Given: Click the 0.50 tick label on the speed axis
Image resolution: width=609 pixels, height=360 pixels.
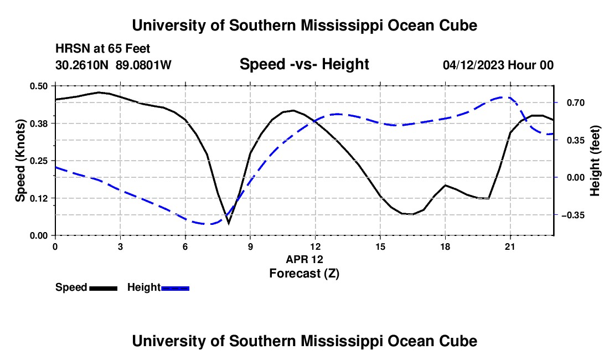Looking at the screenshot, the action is click(38, 86).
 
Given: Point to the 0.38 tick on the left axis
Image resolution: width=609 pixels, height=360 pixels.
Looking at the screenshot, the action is click(38, 124).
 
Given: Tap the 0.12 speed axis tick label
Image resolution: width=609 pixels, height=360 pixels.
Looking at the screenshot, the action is click(38, 198).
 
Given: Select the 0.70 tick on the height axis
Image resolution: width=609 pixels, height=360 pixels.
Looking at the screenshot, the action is click(576, 103).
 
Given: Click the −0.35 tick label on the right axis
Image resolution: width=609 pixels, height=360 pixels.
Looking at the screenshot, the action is click(573, 215).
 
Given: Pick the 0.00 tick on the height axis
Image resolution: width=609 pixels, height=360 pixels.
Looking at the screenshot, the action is click(576, 178).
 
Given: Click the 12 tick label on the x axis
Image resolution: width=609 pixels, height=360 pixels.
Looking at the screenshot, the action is click(316, 246).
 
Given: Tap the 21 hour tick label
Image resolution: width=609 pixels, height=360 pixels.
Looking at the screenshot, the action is click(510, 246).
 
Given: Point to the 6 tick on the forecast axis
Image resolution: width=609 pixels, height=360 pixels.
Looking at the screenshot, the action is click(185, 246).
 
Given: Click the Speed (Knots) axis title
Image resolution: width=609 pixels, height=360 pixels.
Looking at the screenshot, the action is click(20, 161).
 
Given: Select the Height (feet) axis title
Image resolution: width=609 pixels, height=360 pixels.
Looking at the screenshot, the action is click(595, 161).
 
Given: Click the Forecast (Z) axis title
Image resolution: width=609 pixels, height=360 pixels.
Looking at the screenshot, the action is click(304, 274).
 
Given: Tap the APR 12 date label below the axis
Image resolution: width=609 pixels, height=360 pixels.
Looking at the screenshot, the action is click(304, 259).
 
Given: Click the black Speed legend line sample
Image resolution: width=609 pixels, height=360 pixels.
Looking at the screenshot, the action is click(104, 289).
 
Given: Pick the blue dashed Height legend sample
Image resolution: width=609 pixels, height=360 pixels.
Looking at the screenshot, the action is click(175, 289).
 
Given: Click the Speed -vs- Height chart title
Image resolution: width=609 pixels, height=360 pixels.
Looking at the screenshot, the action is click(304, 64).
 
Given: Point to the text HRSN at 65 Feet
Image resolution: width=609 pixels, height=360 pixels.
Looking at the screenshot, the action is click(102, 49).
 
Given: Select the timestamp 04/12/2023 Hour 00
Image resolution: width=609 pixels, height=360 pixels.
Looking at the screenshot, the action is click(498, 65).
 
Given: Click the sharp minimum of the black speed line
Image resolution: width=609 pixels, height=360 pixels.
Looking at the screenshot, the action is click(228, 223).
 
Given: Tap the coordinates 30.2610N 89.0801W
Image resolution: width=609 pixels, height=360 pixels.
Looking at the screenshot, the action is click(113, 65).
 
